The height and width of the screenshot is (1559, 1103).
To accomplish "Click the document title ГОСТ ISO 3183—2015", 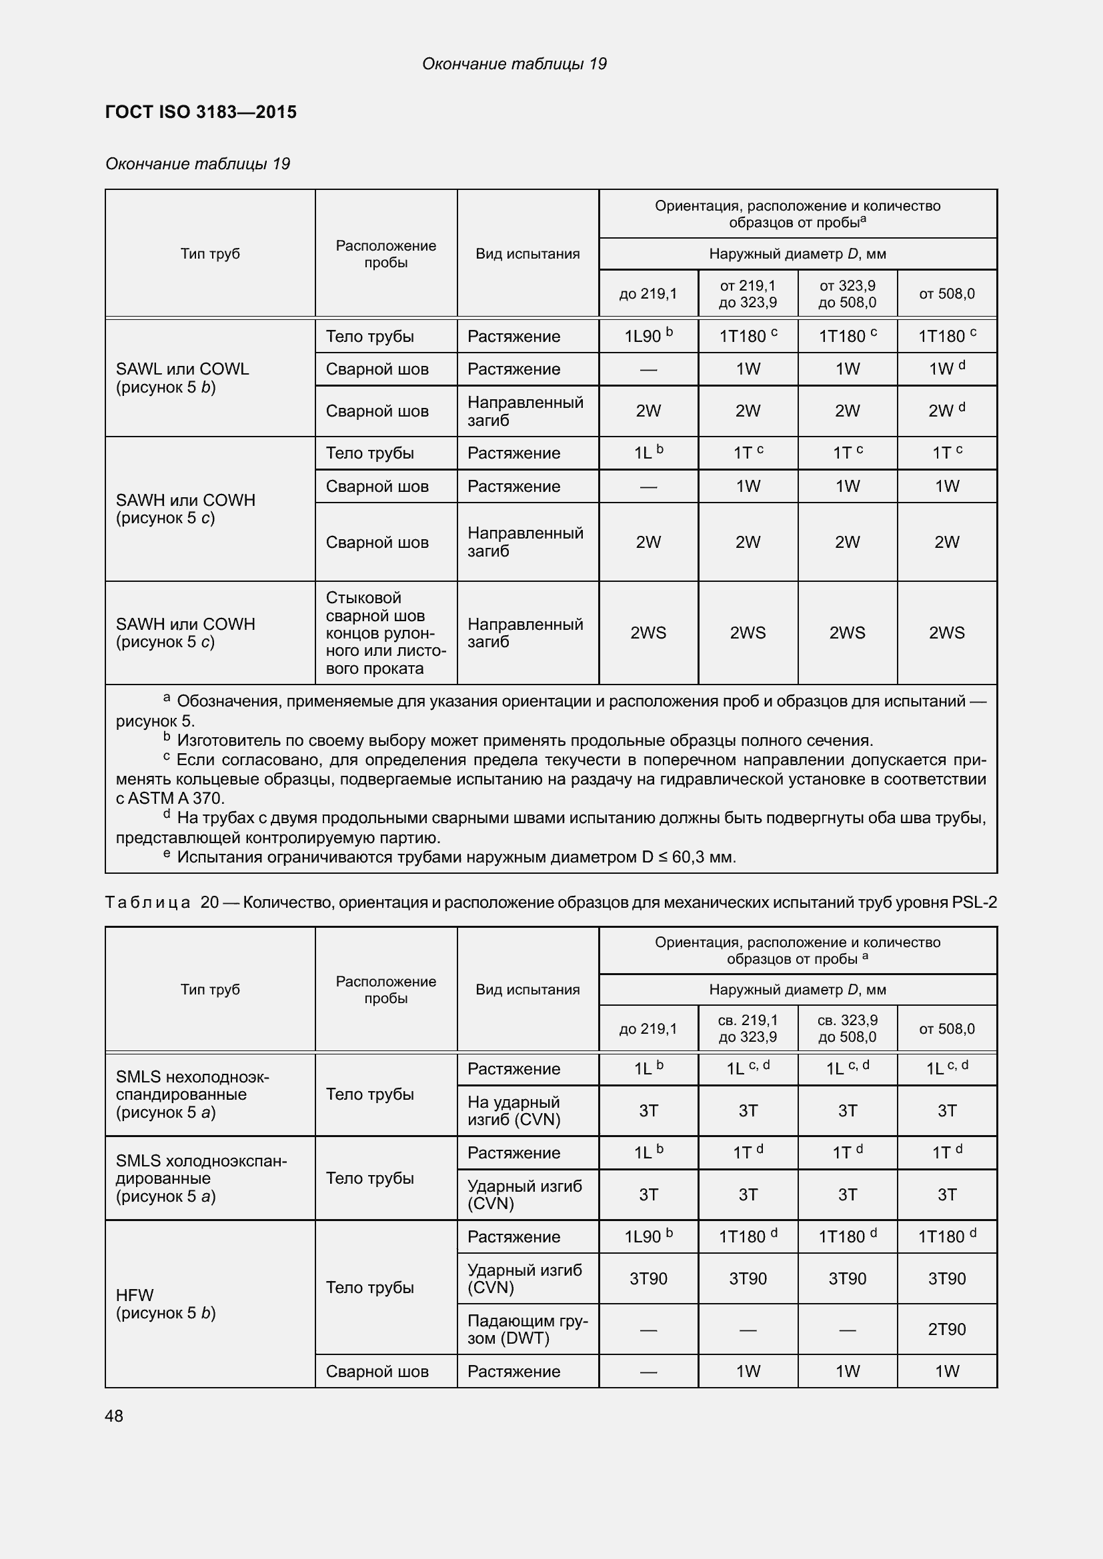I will tap(201, 112).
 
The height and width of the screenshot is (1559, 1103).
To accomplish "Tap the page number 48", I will tap(114, 1416).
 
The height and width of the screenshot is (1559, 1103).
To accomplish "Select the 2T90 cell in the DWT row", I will tap(946, 1329).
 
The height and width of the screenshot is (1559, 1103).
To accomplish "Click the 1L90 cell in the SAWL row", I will tap(648, 336).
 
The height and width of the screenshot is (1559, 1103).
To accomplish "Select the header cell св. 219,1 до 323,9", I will tap(747, 1028).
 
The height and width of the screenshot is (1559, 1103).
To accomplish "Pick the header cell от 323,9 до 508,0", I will tap(847, 294).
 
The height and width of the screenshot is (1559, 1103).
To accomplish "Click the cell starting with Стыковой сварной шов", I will tap(385, 633).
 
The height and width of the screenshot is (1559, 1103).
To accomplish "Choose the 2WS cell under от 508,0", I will tap(946, 633).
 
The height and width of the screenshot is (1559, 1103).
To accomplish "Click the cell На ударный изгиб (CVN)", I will tap(513, 1111).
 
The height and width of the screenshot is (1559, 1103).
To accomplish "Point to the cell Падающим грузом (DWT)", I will tap(527, 1329).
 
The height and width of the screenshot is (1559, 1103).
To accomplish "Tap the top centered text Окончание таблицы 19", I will tap(514, 64).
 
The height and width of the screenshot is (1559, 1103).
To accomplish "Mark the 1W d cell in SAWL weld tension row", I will tap(946, 369).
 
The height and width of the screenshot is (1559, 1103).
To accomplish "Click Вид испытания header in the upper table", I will tap(527, 254).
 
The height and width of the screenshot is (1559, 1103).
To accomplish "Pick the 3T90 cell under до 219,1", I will tap(648, 1278).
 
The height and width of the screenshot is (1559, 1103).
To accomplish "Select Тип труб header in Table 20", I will tap(210, 989).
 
